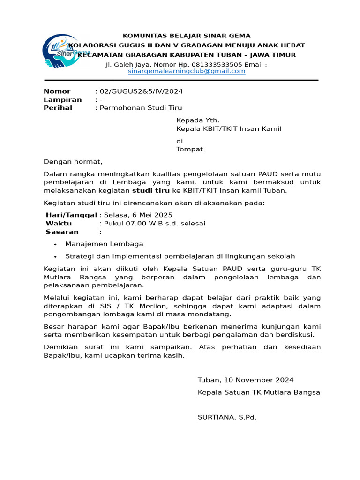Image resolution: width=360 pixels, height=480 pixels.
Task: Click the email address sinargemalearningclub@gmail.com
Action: [x=187, y=71]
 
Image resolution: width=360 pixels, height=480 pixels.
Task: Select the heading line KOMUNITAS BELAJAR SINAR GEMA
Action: [x=187, y=36]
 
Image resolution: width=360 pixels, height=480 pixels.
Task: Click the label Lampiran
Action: [x=63, y=100]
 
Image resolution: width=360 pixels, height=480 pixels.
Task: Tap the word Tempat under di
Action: [x=189, y=150]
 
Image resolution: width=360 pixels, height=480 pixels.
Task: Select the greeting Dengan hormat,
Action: [x=73, y=162]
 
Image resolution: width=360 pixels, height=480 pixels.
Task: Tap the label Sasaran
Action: [x=62, y=232]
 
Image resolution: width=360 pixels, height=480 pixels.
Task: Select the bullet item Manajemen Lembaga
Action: [x=105, y=244]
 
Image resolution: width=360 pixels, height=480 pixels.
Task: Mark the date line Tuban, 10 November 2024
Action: [x=246, y=380]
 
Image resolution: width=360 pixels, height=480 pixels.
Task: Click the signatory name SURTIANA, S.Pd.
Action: [x=227, y=417]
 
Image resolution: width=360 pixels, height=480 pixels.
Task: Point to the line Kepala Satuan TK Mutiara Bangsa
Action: [x=259, y=392]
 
